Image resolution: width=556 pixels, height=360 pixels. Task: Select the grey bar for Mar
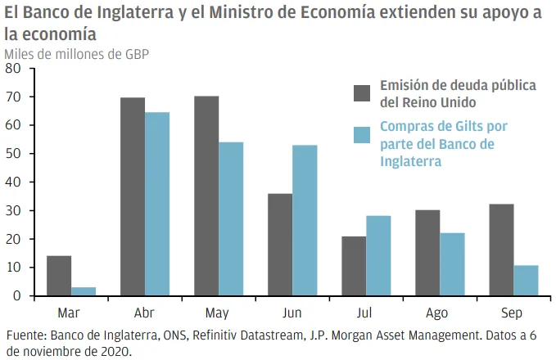pos(59,276)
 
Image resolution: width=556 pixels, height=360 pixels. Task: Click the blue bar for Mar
pos(84,291)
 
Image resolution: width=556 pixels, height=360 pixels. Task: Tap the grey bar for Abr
pos(133,196)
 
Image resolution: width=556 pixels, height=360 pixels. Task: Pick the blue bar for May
pos(231,218)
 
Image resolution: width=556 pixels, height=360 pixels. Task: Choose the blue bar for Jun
pos(305,220)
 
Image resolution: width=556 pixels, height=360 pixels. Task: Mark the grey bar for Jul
pos(354,266)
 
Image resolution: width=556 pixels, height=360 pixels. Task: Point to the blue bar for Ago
pos(452,264)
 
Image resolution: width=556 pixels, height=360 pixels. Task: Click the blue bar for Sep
pos(526,280)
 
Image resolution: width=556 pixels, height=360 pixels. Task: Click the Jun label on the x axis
pos(292,313)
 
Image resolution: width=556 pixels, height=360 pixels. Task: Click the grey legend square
pos(362,93)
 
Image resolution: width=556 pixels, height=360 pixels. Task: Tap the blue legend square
pos(362,134)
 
